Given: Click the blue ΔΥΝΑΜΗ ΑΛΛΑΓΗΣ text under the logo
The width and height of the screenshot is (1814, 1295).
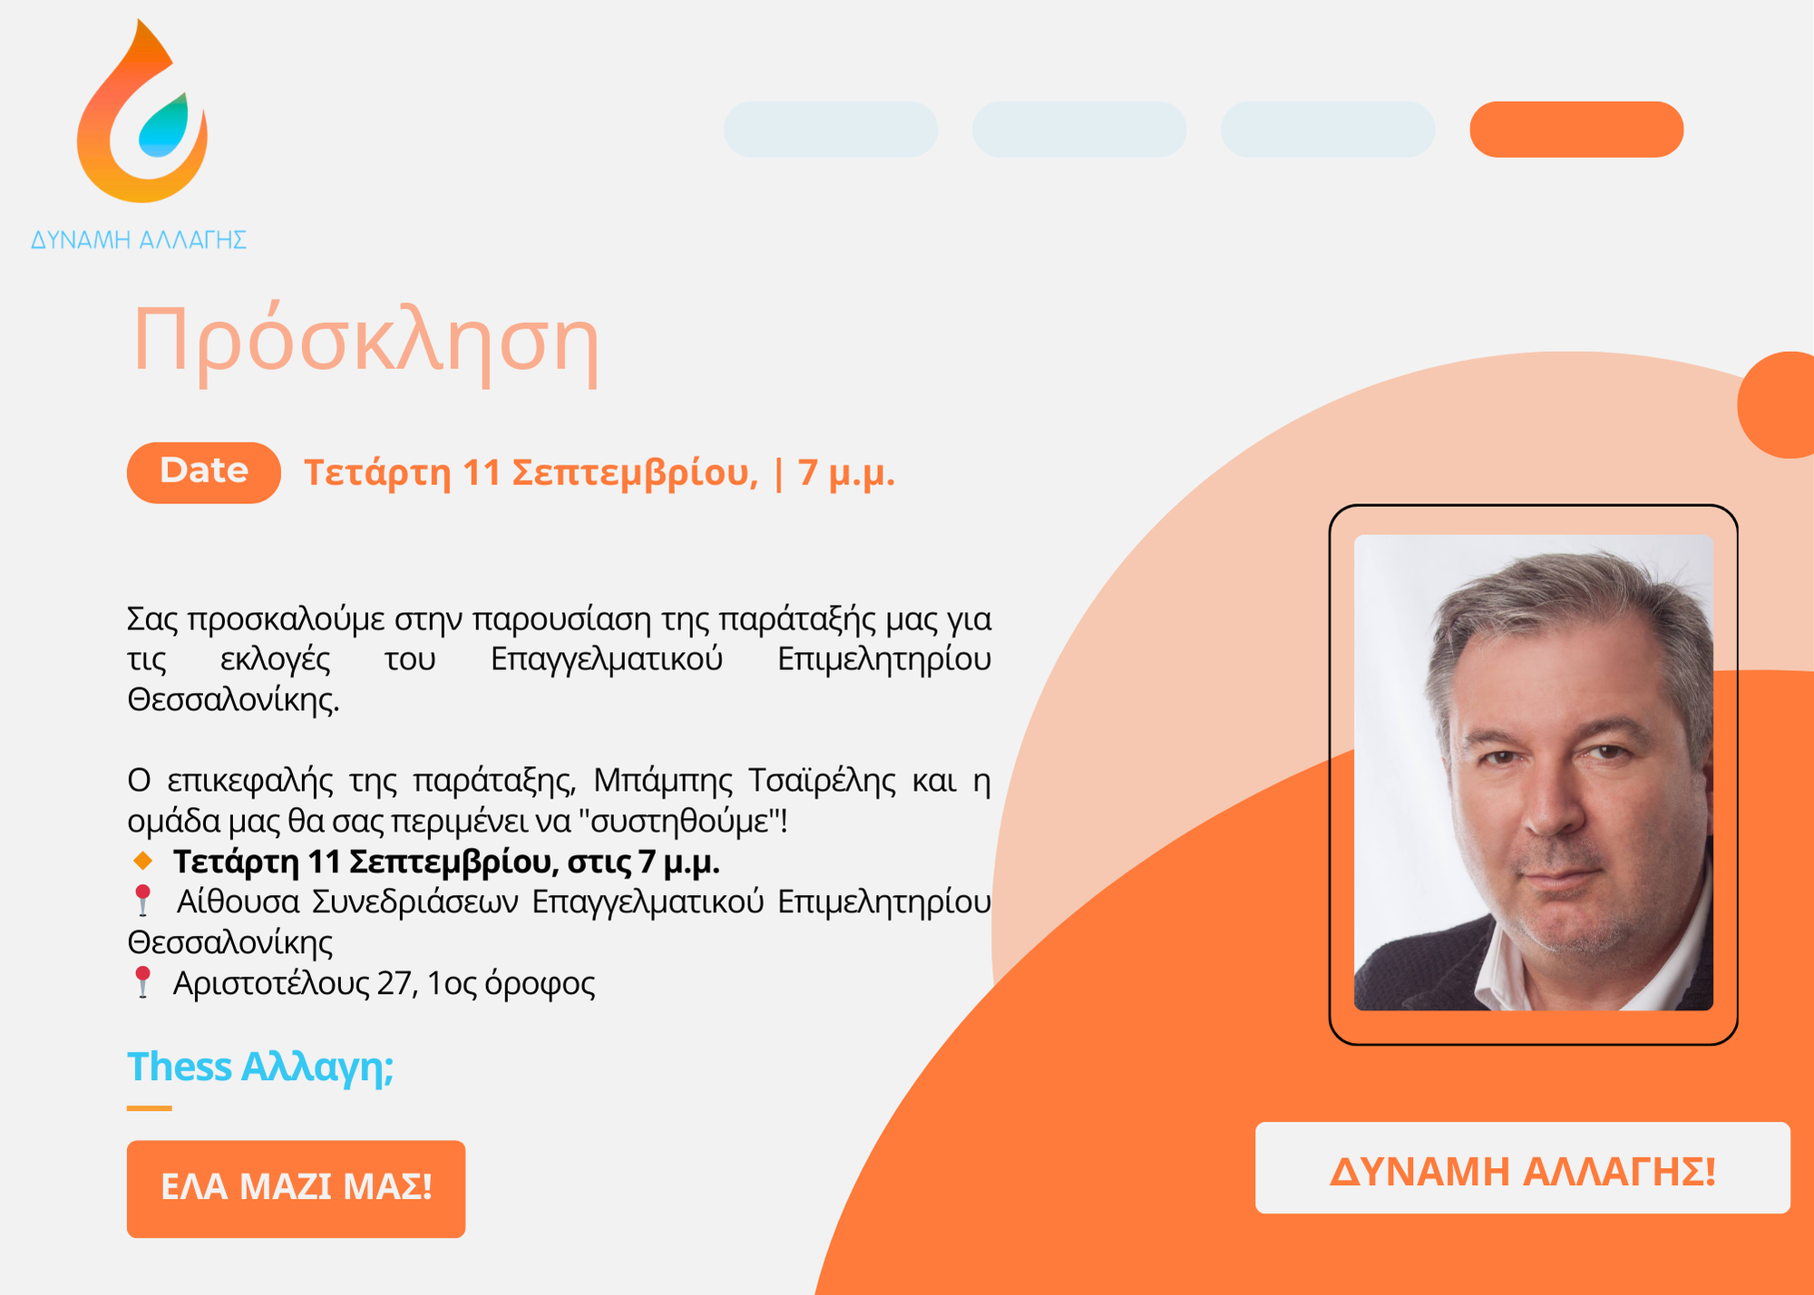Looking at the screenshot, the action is (139, 239).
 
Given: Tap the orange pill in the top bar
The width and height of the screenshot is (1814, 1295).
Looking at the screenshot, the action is (1576, 130).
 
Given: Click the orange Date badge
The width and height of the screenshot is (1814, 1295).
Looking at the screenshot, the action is (204, 472).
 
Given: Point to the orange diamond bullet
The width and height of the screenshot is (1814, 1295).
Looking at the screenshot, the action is (142, 861).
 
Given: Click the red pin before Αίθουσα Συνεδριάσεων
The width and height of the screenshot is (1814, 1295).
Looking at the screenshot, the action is (142, 901).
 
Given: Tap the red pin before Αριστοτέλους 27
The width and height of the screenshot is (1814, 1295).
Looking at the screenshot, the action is (142, 982).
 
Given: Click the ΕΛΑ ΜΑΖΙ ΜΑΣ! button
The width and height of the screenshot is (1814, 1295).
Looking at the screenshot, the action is (296, 1189).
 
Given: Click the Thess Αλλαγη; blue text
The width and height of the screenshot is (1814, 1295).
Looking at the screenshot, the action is (260, 1066).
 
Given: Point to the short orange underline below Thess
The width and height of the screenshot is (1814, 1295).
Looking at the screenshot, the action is (149, 1107).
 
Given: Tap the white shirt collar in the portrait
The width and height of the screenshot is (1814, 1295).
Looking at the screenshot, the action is (1506, 975).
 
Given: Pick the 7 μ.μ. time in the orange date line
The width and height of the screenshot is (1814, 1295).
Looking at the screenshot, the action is (846, 472).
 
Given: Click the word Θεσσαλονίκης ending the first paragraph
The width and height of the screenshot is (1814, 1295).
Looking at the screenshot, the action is (233, 699).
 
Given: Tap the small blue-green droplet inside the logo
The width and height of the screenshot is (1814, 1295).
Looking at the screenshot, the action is (164, 126).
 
